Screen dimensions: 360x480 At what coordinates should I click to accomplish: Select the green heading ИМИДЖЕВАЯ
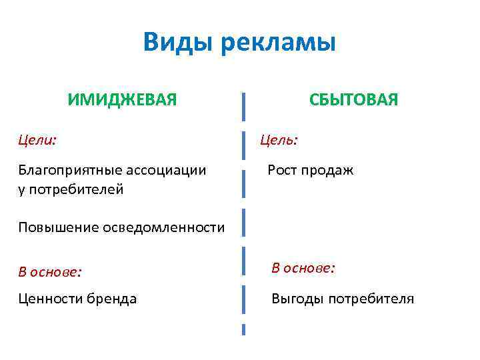coord(122,100)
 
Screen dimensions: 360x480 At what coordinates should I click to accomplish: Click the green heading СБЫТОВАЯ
coord(353,100)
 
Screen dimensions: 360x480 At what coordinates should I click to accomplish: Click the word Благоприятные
coord(64,170)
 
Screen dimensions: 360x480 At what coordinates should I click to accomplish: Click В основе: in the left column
coord(50,271)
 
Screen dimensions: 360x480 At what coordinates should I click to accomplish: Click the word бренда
coord(111,299)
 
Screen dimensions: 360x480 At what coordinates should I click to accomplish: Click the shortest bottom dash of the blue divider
coord(243,329)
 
